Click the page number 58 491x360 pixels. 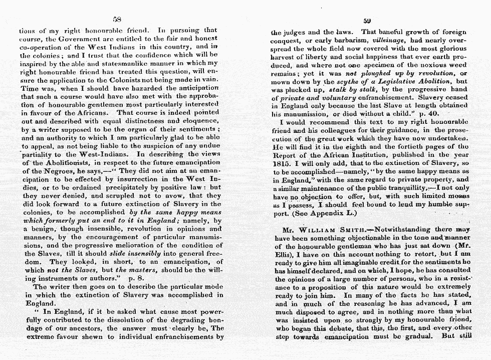coord(118,20)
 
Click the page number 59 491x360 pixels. coord(367,21)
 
